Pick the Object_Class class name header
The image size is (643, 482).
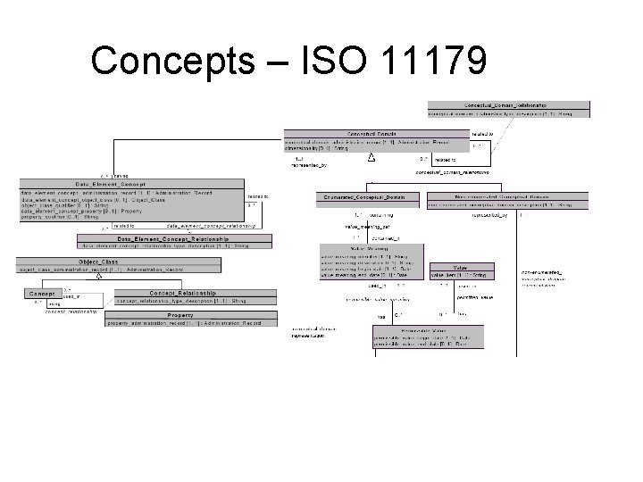tap(98, 262)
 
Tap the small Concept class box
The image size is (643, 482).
tap(42, 293)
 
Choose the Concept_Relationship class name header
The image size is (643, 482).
tap(182, 293)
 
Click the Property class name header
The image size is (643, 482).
tap(180, 315)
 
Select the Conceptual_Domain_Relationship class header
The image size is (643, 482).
tap(508, 105)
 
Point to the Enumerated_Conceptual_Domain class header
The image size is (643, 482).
tap(367, 196)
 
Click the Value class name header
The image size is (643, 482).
tap(462, 268)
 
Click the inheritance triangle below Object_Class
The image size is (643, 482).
tap(100, 277)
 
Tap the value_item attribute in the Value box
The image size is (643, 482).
tap(461, 276)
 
